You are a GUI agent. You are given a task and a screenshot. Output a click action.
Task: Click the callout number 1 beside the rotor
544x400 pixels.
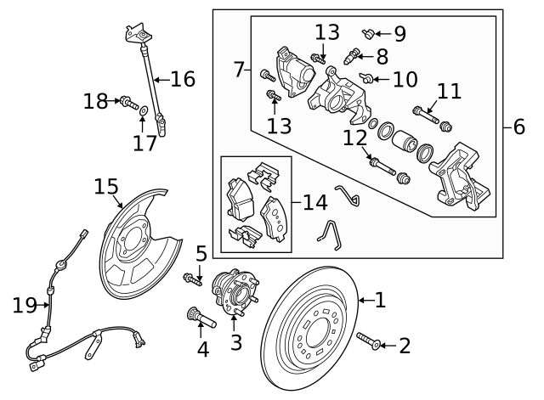point(379,299)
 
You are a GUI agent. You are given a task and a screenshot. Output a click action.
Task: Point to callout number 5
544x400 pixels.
point(201,253)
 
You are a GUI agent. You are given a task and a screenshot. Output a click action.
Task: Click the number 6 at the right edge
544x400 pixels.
point(519,127)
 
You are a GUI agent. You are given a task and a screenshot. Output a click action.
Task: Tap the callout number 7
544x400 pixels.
point(239,67)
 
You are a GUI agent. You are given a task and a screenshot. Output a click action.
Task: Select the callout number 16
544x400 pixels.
point(182,79)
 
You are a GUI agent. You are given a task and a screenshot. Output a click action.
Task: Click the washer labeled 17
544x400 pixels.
point(143,110)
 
